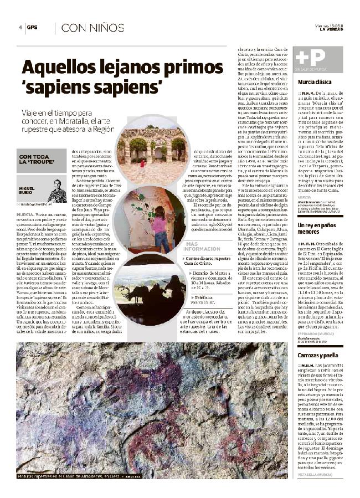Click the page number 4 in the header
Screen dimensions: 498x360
coord(20,27)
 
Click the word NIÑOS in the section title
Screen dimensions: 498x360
coord(105,28)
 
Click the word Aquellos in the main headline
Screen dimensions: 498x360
coord(58,69)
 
